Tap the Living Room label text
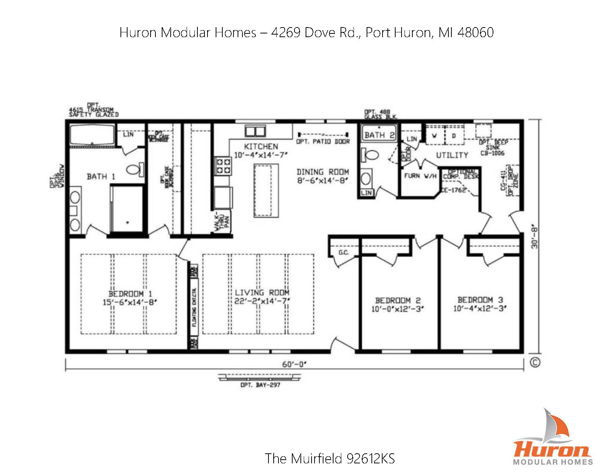tap(262, 293)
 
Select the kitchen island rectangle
tap(266, 190)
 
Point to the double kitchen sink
tap(255, 132)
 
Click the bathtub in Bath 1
tap(92, 135)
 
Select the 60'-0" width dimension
tap(294, 364)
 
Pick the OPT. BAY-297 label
tap(260, 385)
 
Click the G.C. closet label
tap(343, 253)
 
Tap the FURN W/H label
tap(420, 176)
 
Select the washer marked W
tap(434, 136)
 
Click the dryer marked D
tap(454, 136)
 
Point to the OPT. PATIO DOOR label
tap(323, 142)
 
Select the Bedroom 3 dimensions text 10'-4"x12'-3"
tap(480, 308)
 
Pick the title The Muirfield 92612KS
tap(329, 459)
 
